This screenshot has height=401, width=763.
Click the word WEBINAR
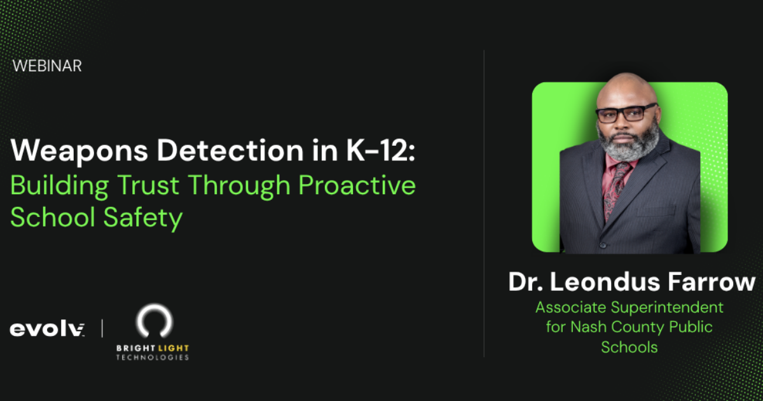[x=47, y=66]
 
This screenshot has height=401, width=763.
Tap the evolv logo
[x=47, y=329]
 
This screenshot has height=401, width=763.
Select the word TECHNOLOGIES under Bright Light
[x=153, y=358]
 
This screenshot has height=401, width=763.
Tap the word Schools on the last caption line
[x=629, y=347]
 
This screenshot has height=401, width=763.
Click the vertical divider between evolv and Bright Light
[x=102, y=329]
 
